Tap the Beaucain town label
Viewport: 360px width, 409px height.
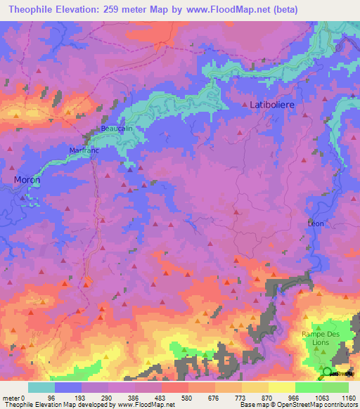pos(116,129)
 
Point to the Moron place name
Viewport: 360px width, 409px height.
pos(27,180)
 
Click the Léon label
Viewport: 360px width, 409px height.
pos(316,223)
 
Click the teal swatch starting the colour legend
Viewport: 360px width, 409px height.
pos(41,387)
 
